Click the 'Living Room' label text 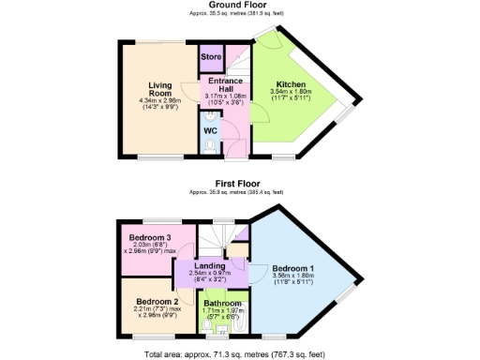click(160, 91)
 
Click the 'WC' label click(211, 131)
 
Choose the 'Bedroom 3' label click(150, 237)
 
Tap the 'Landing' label click(209, 266)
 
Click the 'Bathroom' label click(223, 304)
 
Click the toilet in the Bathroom click(222, 331)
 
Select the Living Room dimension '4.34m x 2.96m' click(160, 100)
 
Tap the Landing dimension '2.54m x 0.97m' click(209, 274)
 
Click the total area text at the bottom click(240, 355)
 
